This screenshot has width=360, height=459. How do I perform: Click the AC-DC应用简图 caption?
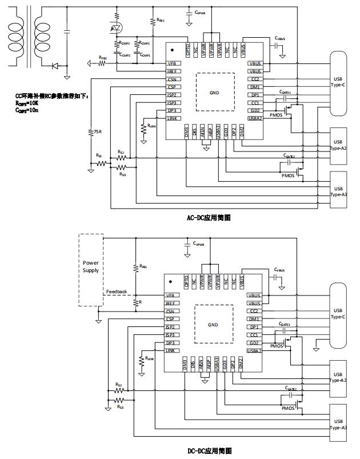pyautogui.click(x=209, y=218)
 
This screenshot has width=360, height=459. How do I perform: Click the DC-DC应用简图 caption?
pyautogui.click(x=210, y=451)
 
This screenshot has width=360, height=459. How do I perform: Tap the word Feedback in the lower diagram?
pyautogui.click(x=116, y=292)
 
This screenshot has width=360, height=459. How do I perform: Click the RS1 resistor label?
pyautogui.click(x=99, y=155)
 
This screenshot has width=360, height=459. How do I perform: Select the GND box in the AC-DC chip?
pyautogui.click(x=214, y=92)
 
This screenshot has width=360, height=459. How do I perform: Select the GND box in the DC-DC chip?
pyautogui.click(x=214, y=324)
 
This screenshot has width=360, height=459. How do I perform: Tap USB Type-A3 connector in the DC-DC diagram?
pyautogui.click(x=338, y=423)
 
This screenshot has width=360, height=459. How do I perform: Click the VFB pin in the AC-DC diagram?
pyautogui.click(x=172, y=63)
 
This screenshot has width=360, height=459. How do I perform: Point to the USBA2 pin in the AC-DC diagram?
pyautogui.click(x=255, y=118)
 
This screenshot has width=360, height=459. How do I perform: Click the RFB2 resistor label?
pyautogui.click(x=102, y=58)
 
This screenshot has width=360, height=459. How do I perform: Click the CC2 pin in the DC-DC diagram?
pyautogui.click(x=255, y=311)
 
